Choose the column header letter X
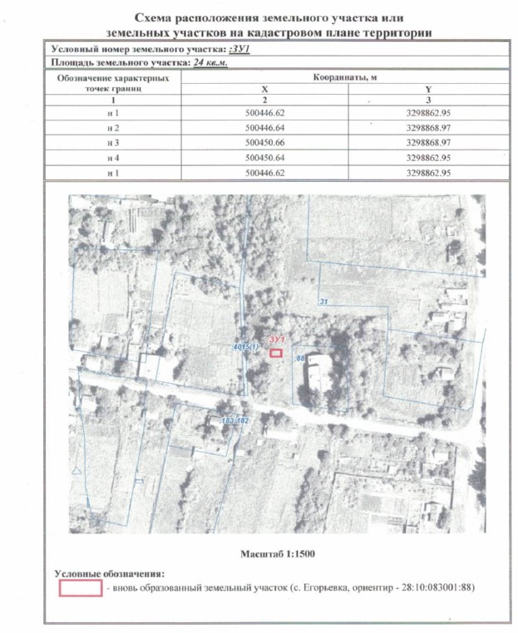[264, 87]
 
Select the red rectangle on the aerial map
[276, 353]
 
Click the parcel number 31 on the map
[323, 301]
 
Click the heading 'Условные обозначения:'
[109, 574]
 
